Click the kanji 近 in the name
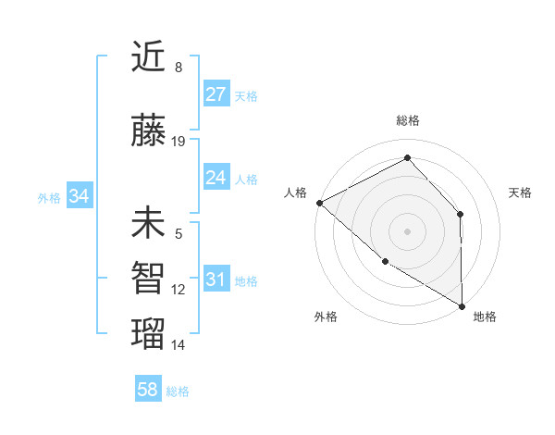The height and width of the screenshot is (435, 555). click(x=148, y=57)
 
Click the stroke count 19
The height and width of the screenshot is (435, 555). click(x=179, y=142)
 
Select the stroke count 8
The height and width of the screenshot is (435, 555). click(x=179, y=68)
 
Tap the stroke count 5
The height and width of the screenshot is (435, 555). click(x=179, y=234)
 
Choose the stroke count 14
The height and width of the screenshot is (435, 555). click(x=179, y=345)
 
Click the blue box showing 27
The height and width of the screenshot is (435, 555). click(x=216, y=94)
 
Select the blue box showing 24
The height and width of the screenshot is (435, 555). click(x=216, y=178)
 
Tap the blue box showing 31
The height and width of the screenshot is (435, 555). click(x=216, y=280)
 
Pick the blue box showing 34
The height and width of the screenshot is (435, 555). click(x=79, y=196)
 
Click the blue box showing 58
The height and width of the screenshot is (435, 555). click(x=148, y=390)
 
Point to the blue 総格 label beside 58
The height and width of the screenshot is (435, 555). click(x=178, y=391)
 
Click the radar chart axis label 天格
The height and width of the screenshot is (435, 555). click(x=521, y=193)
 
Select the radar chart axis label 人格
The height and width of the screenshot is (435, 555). click(x=296, y=193)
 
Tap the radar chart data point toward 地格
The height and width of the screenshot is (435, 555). click(x=462, y=306)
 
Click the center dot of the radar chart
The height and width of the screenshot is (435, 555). click(x=407, y=230)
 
